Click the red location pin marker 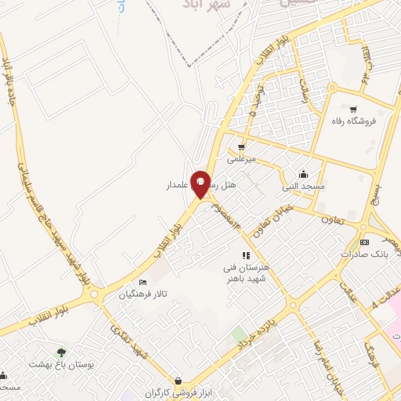(200, 183)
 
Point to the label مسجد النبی (303, 187)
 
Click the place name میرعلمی (242, 158)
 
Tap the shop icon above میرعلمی (242, 146)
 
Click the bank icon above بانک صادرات (363, 243)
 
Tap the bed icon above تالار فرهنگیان (143, 282)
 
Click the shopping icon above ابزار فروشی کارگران (180, 381)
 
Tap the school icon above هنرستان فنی (245, 255)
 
